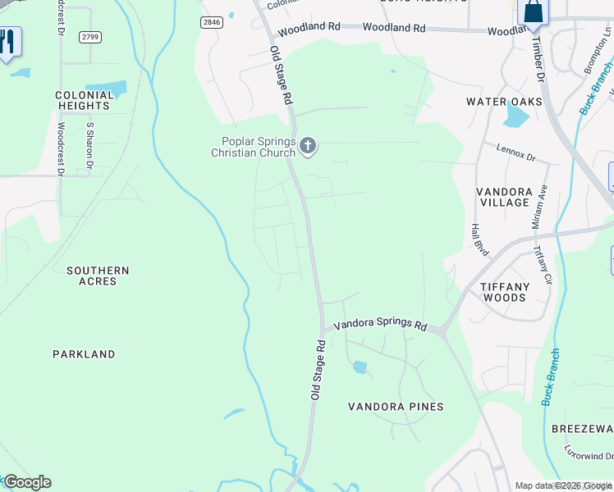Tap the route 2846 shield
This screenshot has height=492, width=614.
212,23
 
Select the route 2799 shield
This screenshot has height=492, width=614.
91,38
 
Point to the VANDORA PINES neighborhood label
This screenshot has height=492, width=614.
396,407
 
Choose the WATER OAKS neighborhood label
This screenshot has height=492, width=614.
504,102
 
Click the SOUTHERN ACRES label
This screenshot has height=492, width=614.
98,276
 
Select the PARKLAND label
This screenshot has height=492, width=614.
84,354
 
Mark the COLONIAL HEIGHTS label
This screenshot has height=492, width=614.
84,100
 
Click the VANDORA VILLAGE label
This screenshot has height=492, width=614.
505,197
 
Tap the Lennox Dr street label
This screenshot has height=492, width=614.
515,152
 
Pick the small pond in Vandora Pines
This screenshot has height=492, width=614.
360,367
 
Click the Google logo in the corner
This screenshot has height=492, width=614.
26,482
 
